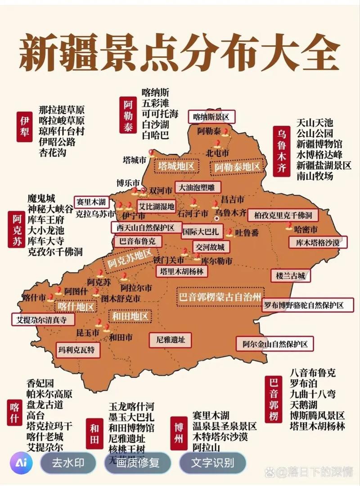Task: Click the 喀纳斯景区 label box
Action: (211, 117)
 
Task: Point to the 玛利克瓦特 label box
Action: (76, 349)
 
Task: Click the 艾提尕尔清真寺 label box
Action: (41, 320)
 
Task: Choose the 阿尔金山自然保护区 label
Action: (275, 344)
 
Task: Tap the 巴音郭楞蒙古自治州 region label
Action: (220, 297)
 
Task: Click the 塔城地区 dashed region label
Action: (176, 166)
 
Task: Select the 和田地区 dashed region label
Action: (130, 316)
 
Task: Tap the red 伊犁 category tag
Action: (24, 127)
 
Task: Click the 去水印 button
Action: (68, 463)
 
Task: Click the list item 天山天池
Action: (315, 122)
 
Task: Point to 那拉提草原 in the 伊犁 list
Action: (62, 110)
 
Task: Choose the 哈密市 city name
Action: (306, 229)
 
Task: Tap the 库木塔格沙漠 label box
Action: (317, 242)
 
